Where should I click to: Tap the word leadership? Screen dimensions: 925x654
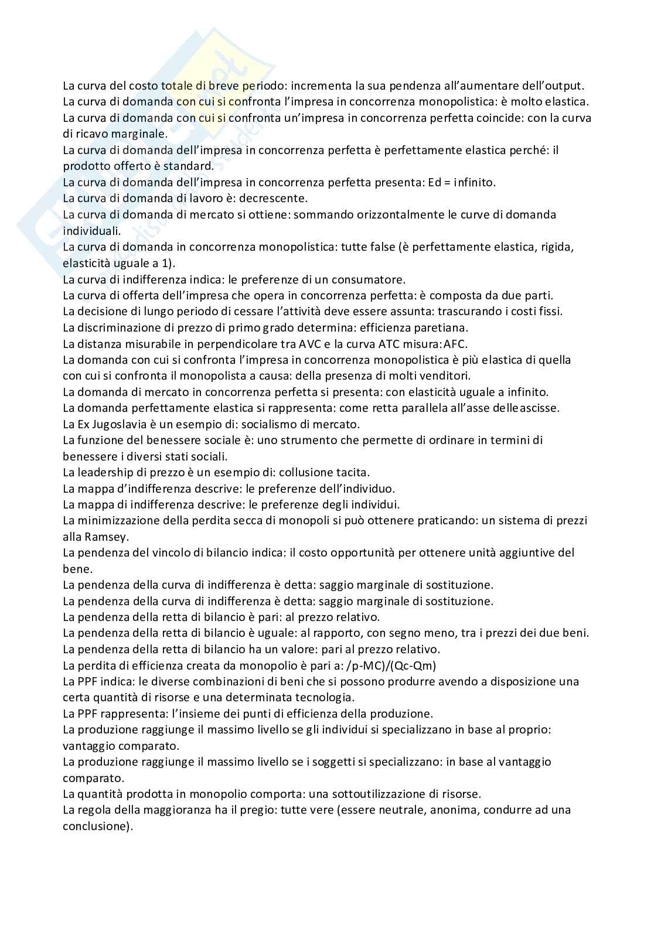pyautogui.click(x=103, y=472)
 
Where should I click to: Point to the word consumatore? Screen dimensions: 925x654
pyautogui.click(x=369, y=279)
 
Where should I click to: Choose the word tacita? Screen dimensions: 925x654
pyautogui.click(x=353, y=472)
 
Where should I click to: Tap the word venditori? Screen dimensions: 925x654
pyautogui.click(x=446, y=376)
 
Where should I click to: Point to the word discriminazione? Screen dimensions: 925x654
pyautogui.click(x=118, y=327)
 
